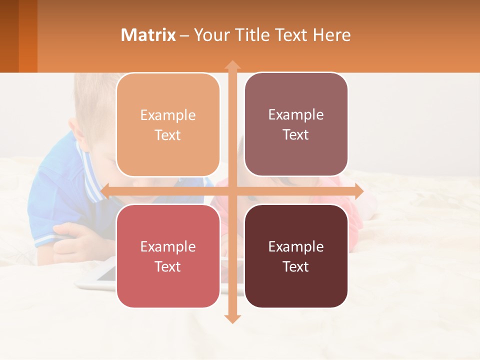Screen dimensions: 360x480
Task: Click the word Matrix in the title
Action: (148, 35)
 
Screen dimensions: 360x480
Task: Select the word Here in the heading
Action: (331, 35)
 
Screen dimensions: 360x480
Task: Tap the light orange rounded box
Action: (168, 125)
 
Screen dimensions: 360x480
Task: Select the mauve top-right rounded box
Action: (296, 124)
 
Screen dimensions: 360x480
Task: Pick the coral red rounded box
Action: (168, 256)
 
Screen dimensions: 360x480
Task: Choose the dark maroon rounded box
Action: (296, 256)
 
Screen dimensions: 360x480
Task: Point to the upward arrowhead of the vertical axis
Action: (232, 65)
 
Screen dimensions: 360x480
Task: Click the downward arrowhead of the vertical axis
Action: (232, 318)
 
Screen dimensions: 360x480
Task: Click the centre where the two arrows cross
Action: (232, 191)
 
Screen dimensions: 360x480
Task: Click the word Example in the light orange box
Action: (168, 115)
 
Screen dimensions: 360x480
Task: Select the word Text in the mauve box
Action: (296, 134)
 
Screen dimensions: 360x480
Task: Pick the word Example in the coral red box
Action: (168, 246)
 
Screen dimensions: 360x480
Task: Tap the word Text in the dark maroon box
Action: (296, 266)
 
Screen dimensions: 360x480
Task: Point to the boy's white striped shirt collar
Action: (92, 172)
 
